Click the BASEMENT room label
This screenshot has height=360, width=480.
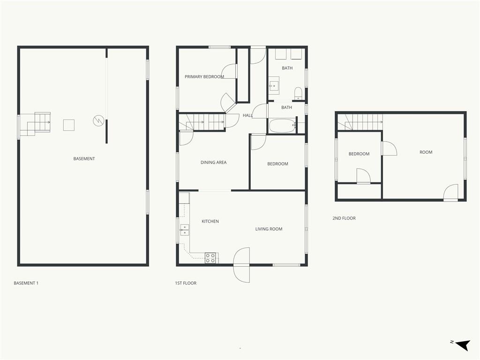point(84,158)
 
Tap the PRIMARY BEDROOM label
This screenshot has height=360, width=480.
point(204,76)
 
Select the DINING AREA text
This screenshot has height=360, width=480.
point(213,162)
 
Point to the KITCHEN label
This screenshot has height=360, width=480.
point(210,221)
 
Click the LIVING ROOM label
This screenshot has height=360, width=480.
point(269,229)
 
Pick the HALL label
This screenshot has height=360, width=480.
point(247,115)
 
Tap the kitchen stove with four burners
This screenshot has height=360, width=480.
point(210,258)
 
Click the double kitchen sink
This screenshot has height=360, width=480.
point(184,230)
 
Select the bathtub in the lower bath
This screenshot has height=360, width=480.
point(282,126)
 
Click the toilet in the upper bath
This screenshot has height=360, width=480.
point(298,93)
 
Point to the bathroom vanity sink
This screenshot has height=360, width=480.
point(274,84)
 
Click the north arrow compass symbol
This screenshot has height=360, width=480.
point(463,345)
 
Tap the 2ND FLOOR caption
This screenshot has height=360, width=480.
point(344,218)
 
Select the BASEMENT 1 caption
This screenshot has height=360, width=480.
point(26,283)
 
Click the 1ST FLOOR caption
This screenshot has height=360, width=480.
point(186,283)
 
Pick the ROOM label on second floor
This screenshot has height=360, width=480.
point(426,152)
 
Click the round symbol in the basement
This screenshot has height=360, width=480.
point(98,120)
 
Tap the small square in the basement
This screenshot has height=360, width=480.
point(69,125)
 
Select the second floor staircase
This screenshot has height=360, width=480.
point(360,122)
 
